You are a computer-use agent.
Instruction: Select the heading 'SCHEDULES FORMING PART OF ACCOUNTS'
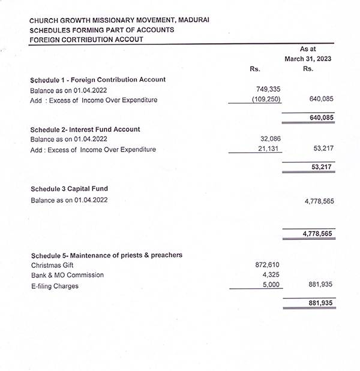coord(102,29)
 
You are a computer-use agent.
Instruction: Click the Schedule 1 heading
coord(98,79)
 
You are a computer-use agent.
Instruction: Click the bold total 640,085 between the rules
coord(321,119)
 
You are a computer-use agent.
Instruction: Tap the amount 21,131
coord(270,149)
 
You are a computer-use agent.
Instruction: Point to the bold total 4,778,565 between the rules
coord(317,234)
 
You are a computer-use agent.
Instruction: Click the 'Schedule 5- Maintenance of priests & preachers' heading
coord(106,255)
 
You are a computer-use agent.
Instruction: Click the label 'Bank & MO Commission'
coord(67,275)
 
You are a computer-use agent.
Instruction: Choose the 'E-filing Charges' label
coord(55,286)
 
